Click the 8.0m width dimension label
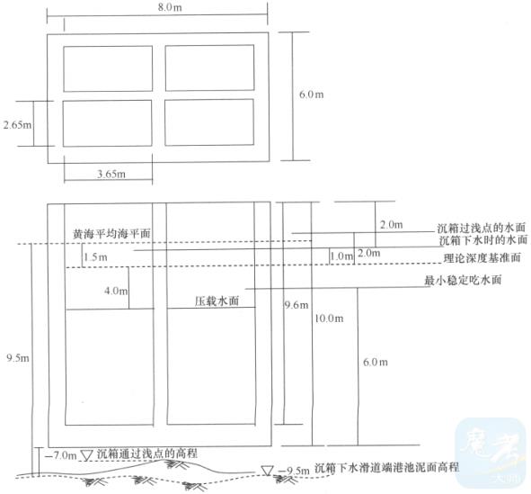170,7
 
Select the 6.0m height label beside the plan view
311,94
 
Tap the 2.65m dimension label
17,125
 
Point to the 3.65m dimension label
111,174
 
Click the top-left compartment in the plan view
108,68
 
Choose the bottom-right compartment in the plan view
209,122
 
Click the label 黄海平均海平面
111,234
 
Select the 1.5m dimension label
95,257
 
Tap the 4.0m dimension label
116,291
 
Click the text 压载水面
217,301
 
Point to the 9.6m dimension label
296,305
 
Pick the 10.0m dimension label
329,319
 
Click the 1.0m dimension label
341,256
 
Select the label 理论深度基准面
482,258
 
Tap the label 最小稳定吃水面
463,281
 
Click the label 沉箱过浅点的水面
481,228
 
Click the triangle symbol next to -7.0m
87,455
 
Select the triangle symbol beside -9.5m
267,471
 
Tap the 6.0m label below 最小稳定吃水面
376,362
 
